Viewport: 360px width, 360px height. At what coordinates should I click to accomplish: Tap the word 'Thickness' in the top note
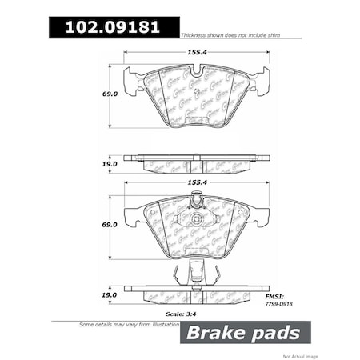pos(195,37)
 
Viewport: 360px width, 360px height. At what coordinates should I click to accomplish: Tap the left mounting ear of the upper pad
pos(130,80)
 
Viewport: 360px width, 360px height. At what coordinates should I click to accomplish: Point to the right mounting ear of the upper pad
pos(260,80)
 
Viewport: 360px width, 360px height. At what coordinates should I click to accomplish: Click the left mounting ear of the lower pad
pos(130,214)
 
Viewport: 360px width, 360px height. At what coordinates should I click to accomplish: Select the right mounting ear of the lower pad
pos(260,214)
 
